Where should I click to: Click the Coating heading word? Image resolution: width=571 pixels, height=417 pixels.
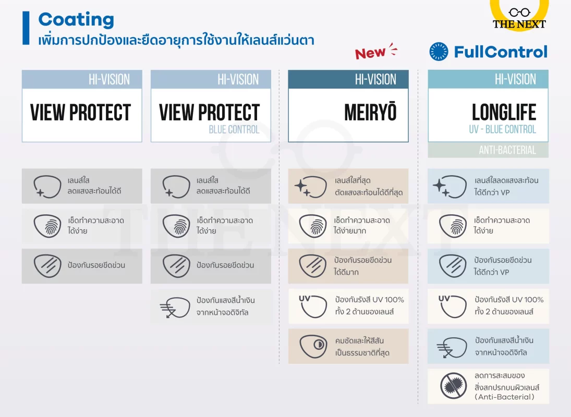(76, 20)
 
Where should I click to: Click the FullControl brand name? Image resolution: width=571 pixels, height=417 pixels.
(501, 52)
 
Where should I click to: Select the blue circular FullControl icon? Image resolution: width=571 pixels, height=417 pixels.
(439, 52)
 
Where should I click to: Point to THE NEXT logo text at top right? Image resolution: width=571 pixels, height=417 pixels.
(519, 23)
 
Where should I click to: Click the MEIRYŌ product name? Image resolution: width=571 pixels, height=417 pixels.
(370, 113)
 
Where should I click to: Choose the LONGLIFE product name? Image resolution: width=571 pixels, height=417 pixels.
(504, 113)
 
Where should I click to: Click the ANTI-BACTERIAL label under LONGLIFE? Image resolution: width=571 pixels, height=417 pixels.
(507, 150)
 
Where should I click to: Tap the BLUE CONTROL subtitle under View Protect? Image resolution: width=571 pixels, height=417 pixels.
(234, 129)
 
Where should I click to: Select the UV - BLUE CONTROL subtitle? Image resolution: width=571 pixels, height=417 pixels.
(502, 129)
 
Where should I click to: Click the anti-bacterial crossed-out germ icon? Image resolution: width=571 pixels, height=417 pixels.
(453, 386)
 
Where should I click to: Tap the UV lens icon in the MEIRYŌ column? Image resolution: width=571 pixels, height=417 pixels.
(313, 306)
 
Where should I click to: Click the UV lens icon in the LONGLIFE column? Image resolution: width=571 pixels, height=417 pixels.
(452, 306)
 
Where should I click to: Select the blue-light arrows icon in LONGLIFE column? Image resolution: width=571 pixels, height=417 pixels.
(452, 347)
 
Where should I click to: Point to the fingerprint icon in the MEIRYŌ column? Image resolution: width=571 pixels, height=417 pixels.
(313, 226)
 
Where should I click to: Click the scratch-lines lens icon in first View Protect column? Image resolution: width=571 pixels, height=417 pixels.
(47, 266)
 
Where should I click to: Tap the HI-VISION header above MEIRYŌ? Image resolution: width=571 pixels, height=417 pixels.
(375, 79)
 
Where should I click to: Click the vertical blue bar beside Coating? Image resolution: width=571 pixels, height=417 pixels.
(26, 29)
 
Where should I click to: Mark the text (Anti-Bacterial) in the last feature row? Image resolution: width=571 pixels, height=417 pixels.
(504, 397)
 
